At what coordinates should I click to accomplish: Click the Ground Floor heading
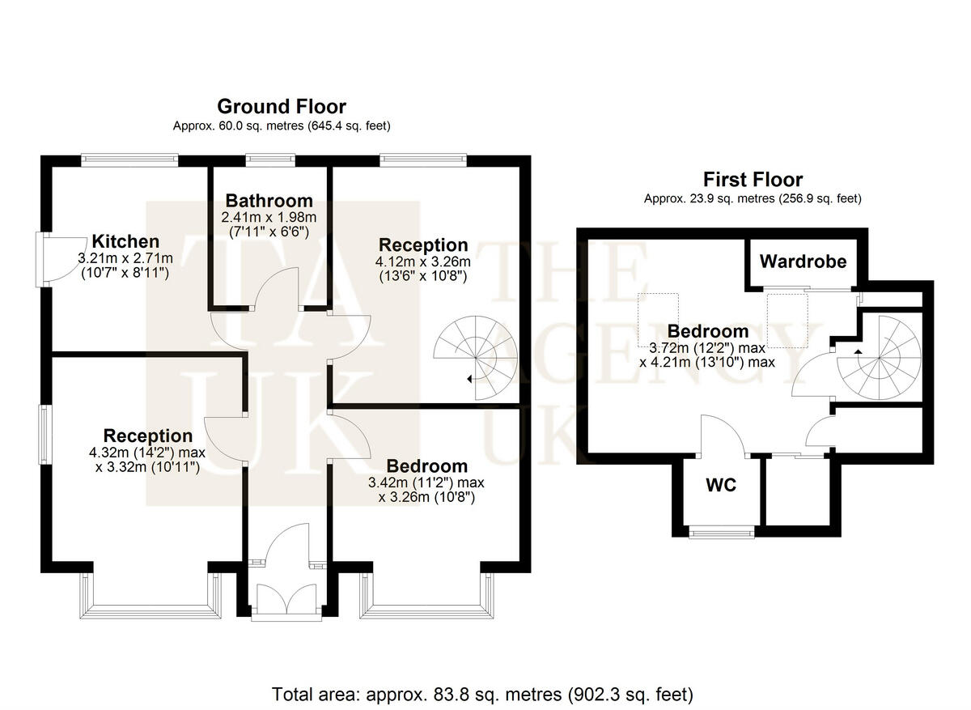(x=282, y=106)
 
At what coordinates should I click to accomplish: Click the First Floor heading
(x=753, y=179)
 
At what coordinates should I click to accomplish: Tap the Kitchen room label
(x=125, y=241)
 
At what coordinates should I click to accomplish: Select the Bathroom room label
(x=269, y=200)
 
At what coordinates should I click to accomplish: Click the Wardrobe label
(x=803, y=261)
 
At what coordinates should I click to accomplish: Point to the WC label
(x=720, y=485)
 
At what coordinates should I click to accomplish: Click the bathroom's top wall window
(x=269, y=159)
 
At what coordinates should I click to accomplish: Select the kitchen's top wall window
(x=129, y=159)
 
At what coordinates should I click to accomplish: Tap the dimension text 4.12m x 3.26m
(x=423, y=261)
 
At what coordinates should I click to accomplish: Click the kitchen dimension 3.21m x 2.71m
(x=125, y=258)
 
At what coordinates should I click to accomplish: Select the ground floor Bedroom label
(x=426, y=466)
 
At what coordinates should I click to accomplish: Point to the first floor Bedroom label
(x=708, y=331)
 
